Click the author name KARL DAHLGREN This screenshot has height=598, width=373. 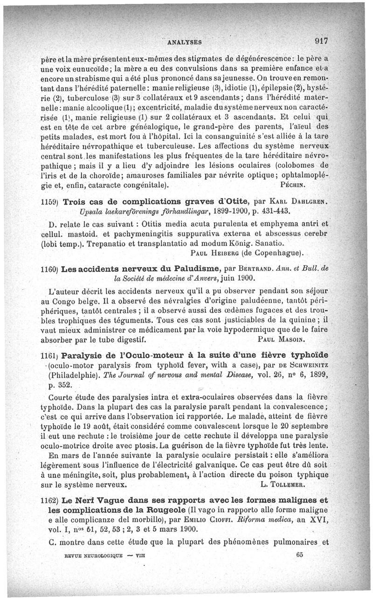[x=299, y=202]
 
